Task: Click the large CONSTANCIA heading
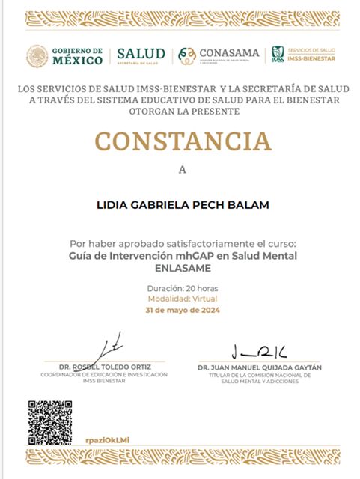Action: click(x=182, y=140)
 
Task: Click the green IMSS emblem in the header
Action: click(x=277, y=54)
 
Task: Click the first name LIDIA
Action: click(x=113, y=204)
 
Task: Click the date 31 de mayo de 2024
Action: click(x=182, y=309)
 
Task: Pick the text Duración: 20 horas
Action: click(x=182, y=287)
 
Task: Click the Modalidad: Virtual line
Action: click(x=182, y=298)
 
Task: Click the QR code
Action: click(x=50, y=423)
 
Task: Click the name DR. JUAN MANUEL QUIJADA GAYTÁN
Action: click(x=259, y=368)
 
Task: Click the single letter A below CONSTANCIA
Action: click(x=181, y=170)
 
